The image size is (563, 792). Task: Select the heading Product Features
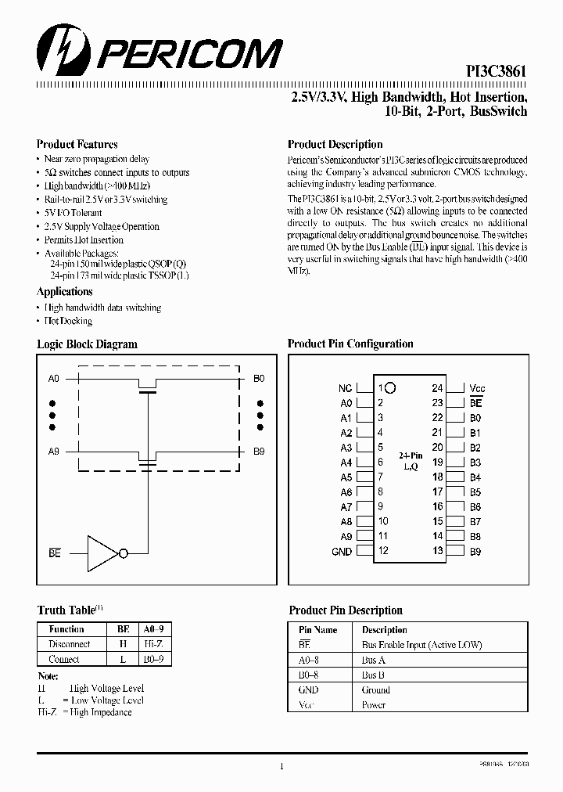(x=77, y=144)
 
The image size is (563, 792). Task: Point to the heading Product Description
(x=335, y=144)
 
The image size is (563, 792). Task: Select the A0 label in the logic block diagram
(x=53, y=379)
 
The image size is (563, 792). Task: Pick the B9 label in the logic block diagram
(x=259, y=452)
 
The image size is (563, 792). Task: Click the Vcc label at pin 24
(x=477, y=388)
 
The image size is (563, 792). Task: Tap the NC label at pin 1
(x=345, y=388)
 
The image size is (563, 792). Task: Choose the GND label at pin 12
(x=342, y=552)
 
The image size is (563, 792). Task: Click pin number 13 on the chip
(x=437, y=552)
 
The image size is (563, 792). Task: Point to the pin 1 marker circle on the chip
(x=391, y=387)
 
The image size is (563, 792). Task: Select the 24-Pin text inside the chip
(x=411, y=455)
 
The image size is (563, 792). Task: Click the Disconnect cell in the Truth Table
(x=70, y=644)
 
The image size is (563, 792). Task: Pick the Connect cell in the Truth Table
(x=64, y=659)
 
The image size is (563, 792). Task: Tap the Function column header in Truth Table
(x=66, y=629)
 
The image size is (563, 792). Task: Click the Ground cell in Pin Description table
(x=375, y=690)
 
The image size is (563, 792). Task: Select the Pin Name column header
(x=318, y=630)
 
